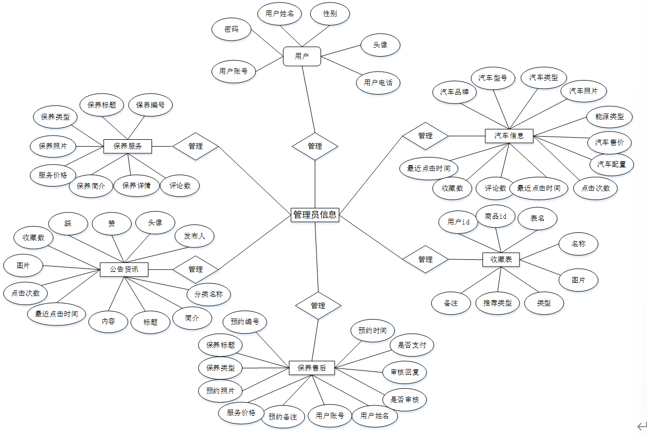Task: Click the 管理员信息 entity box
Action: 315,214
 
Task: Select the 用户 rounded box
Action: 302,56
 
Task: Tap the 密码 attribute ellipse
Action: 231,30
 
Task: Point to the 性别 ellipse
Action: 330,14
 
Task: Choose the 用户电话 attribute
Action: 378,83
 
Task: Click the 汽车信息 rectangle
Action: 509,136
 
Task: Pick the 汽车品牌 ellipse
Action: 455,92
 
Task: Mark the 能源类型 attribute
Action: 609,117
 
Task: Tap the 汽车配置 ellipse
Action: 612,164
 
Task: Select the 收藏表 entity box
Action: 501,259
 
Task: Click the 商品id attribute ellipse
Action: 496,216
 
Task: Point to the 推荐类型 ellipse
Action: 498,302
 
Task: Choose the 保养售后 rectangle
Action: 312,368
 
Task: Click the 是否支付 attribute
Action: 412,345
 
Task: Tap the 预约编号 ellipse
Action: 244,322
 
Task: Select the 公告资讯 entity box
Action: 124,269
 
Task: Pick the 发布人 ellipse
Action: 195,236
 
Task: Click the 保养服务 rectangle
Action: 128,146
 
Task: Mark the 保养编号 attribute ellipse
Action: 150,105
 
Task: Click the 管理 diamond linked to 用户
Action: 315,146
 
